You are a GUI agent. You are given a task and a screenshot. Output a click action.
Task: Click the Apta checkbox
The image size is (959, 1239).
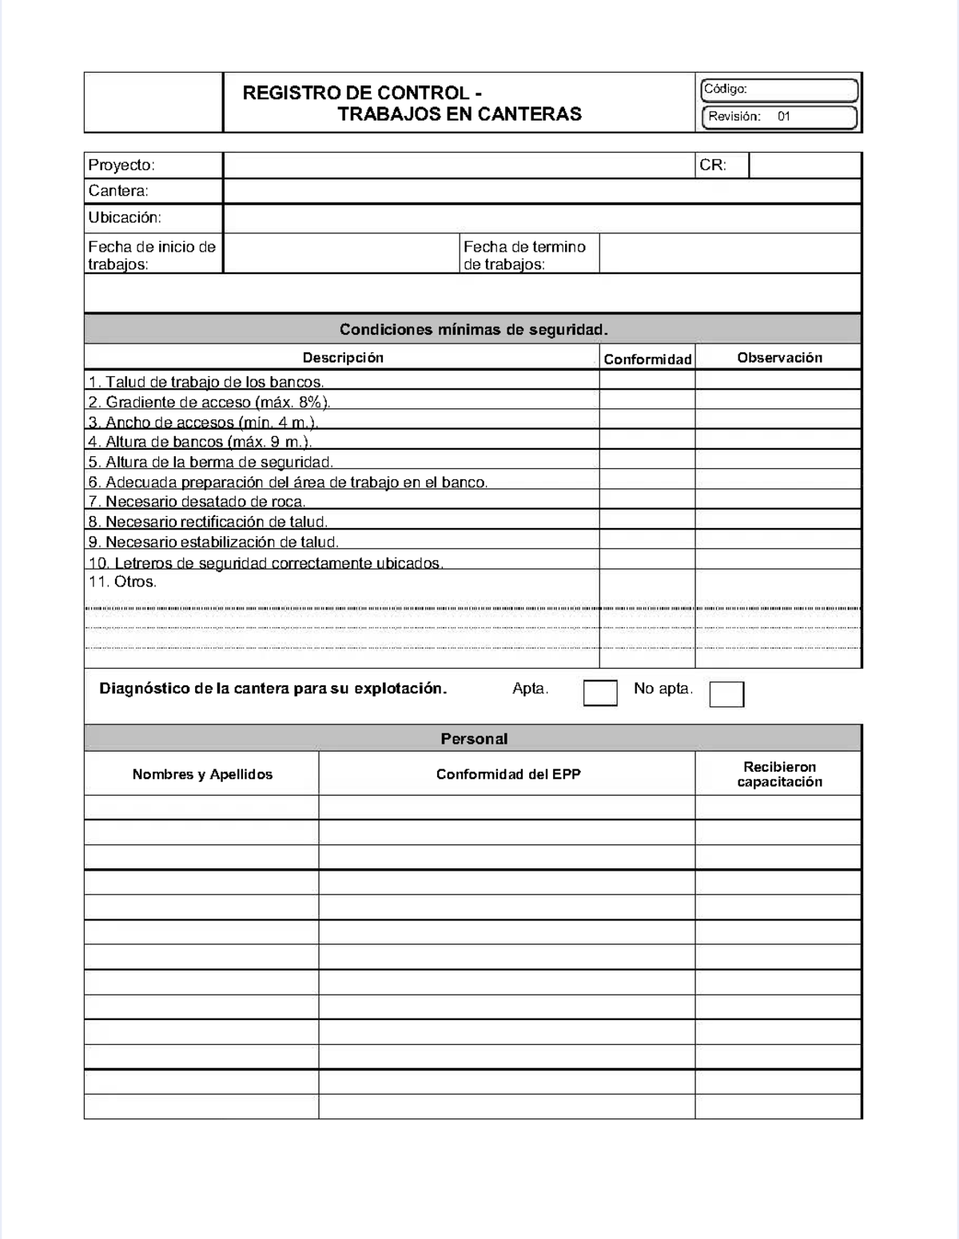[x=600, y=693]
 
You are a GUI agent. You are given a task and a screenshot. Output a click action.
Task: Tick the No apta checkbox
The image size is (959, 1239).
[x=726, y=694]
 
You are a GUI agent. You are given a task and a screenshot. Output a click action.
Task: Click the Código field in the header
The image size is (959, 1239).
[x=779, y=89]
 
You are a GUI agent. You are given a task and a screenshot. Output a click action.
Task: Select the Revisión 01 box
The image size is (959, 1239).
[x=779, y=117]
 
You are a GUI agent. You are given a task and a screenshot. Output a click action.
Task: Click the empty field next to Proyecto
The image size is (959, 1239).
[x=459, y=165]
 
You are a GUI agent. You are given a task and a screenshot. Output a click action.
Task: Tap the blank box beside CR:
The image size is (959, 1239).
[x=804, y=165]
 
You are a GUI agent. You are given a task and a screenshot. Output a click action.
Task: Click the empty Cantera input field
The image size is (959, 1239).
[x=542, y=191]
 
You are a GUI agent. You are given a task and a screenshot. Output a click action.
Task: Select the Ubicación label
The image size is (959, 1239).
[x=125, y=217]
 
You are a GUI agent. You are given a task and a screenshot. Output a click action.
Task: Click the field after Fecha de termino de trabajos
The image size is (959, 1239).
[x=729, y=254]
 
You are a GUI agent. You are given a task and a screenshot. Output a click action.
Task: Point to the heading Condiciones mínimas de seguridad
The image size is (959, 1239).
[x=473, y=329]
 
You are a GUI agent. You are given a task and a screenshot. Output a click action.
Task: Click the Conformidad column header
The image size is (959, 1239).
[x=647, y=359]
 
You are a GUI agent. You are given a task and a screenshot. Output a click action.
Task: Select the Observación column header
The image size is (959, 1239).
[x=779, y=358]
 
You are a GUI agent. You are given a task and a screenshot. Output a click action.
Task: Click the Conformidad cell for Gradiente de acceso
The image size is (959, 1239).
[x=647, y=399]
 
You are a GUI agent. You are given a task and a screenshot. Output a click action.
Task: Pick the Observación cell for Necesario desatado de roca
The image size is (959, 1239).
[x=778, y=500]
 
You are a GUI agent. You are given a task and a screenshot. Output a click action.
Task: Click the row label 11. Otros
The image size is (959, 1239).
[x=122, y=582]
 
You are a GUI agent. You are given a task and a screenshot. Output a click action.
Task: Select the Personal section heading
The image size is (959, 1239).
[x=473, y=739]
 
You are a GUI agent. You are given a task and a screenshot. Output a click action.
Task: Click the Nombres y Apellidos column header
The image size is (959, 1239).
[x=202, y=774]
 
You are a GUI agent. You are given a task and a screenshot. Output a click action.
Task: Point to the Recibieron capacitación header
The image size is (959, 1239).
[x=779, y=774]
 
